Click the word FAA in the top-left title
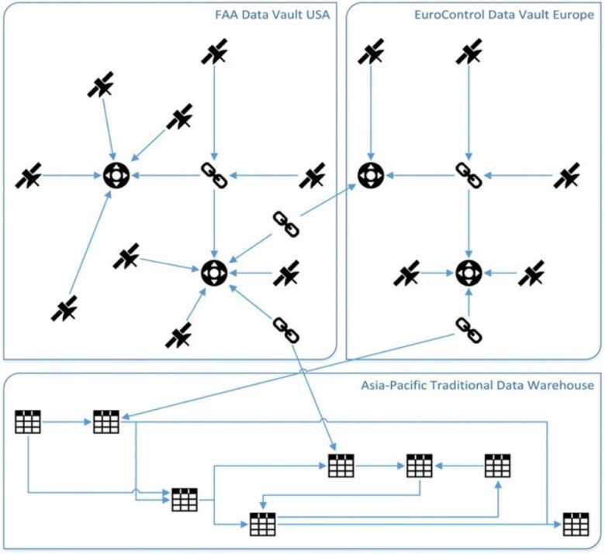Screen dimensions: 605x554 [x=225, y=15]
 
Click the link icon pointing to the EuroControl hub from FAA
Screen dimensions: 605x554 [x=286, y=225]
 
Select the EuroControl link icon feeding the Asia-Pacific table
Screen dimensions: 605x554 [x=468, y=330]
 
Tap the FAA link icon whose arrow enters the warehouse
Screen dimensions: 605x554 [x=286, y=330]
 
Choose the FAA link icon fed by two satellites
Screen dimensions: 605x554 [x=215, y=176]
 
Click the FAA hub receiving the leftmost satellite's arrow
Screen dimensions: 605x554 [x=116, y=176]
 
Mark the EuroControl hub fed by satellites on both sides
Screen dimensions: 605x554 [x=468, y=273]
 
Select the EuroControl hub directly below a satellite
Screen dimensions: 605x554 [x=371, y=176]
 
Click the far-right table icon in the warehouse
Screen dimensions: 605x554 [x=576, y=525]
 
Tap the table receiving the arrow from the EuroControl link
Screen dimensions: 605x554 [x=106, y=422]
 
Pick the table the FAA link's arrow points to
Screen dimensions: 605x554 [x=341, y=466]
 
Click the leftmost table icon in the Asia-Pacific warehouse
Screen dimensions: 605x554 [x=28, y=422]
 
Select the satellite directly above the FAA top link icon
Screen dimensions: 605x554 [x=215, y=52]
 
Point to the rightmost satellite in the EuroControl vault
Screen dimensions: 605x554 [x=566, y=176]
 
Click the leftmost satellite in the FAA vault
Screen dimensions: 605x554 [x=28, y=176]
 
